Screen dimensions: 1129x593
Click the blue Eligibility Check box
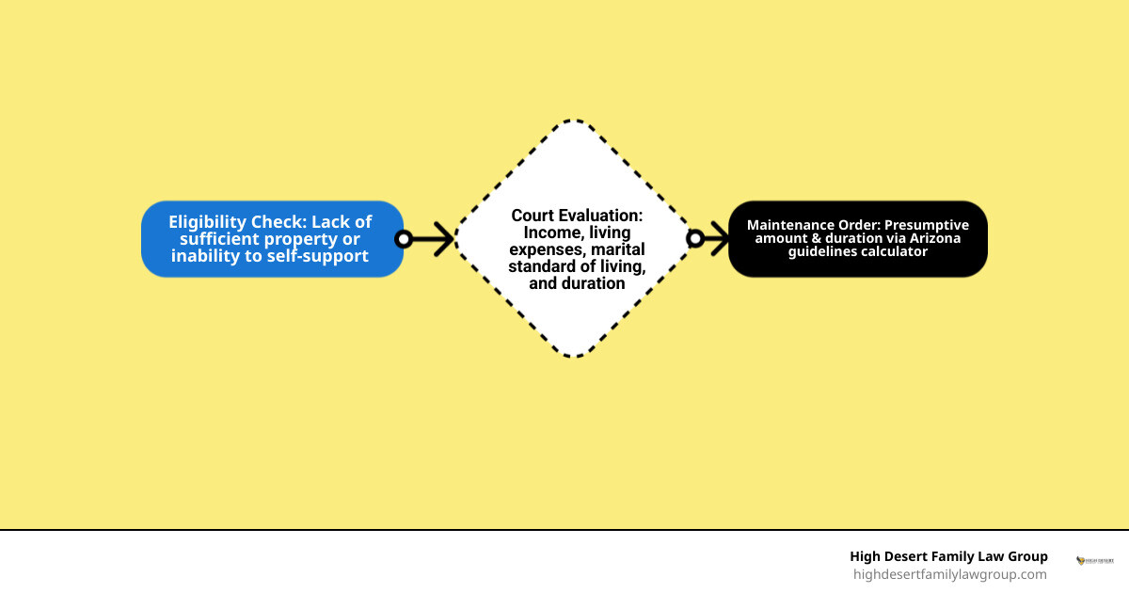[x=272, y=239]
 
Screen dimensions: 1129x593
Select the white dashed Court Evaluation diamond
[x=574, y=238]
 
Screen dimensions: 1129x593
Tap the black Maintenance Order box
[x=858, y=239]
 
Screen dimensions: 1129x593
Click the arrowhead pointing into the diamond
[x=443, y=239]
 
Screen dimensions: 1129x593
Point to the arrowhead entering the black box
[x=720, y=238]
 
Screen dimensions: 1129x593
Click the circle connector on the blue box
[x=404, y=239]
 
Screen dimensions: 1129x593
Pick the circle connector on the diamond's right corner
[x=695, y=238]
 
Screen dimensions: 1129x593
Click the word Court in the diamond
[x=533, y=216]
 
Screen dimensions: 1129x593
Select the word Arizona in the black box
[x=935, y=238]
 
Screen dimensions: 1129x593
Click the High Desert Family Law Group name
[x=948, y=556]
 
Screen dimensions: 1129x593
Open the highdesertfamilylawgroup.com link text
[x=949, y=574]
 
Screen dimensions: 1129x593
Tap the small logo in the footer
[x=1095, y=561]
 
